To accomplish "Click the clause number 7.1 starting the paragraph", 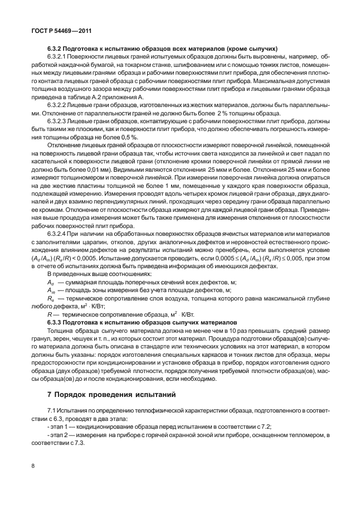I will tap(51, 409).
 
